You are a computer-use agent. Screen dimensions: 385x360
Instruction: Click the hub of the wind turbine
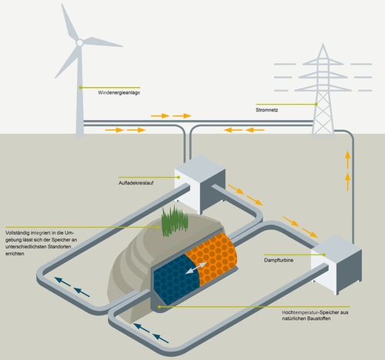point(80,42)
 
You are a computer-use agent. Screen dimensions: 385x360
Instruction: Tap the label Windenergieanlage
point(119,92)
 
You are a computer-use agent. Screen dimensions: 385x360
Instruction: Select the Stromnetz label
point(266,110)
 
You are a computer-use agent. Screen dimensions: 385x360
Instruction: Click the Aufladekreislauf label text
point(136,183)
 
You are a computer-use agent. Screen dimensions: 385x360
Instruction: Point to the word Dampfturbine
point(279,260)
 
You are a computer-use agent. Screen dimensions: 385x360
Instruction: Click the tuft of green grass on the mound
point(175,221)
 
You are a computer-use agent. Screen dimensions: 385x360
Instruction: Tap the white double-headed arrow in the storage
point(196,268)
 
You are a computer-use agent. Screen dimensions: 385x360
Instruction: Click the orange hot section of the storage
point(212,258)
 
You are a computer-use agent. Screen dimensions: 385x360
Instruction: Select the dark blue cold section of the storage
point(176,278)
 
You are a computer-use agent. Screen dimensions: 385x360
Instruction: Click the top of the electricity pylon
point(323,44)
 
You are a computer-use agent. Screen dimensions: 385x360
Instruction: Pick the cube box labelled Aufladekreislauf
point(200,184)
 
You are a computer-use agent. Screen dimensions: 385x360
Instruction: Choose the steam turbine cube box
point(336,265)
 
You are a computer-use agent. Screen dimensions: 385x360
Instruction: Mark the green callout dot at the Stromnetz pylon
point(316,104)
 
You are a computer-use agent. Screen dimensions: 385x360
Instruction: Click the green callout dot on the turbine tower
point(80,88)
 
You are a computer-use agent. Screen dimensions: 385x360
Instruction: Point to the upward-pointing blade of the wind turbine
point(69,22)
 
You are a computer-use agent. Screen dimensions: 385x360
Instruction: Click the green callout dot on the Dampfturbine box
point(324,255)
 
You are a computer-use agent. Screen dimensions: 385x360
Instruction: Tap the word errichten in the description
point(15,254)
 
